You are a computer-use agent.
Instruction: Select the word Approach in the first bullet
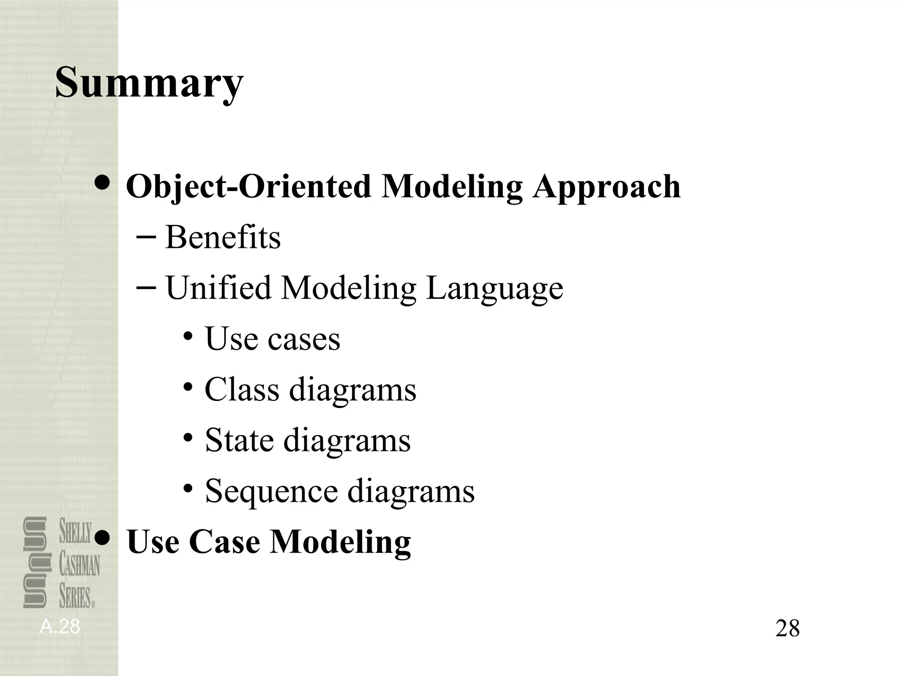[x=606, y=187]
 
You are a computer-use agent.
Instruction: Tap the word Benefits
[x=223, y=238]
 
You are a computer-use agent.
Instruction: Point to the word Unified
[x=218, y=288]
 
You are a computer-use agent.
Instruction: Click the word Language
[x=494, y=288]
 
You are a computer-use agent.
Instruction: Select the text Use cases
[x=272, y=339]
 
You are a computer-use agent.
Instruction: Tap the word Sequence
[x=271, y=491]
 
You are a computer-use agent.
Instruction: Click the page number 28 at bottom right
[x=787, y=628]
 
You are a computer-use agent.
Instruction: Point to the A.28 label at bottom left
[x=60, y=627]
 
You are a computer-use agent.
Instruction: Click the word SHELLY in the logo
[x=76, y=531]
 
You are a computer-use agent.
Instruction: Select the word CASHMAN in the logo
[x=80, y=565]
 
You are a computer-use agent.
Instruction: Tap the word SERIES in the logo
[x=75, y=597]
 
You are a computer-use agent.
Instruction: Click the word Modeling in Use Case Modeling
[x=340, y=542]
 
